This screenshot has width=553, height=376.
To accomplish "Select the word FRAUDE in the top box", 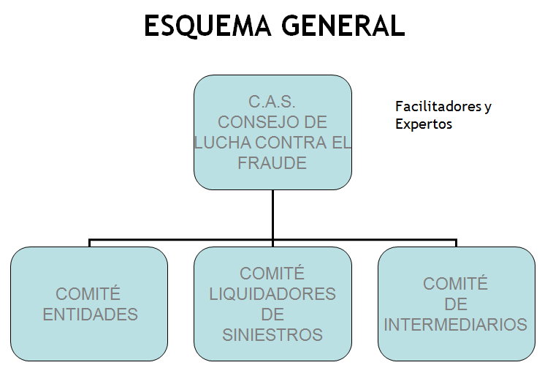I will pyautogui.click(x=272, y=164).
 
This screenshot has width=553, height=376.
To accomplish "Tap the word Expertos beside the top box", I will pyautogui.click(x=424, y=124).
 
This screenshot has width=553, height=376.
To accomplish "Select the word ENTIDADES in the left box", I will pyautogui.click(x=91, y=315).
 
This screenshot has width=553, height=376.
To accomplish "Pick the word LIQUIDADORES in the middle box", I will pyautogui.click(x=272, y=294).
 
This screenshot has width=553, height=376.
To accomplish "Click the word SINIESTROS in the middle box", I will pyautogui.click(x=272, y=336).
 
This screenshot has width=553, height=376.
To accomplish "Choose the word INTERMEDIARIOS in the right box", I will pyautogui.click(x=456, y=325).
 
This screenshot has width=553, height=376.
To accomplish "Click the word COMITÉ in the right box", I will pyautogui.click(x=456, y=283).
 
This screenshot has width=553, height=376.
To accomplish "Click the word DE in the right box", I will pyautogui.click(x=456, y=304).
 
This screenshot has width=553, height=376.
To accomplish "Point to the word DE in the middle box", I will pyautogui.click(x=272, y=315).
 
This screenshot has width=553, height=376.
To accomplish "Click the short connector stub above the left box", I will pyautogui.click(x=90, y=243).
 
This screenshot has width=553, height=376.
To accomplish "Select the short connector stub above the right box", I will pyautogui.click(x=456, y=243).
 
